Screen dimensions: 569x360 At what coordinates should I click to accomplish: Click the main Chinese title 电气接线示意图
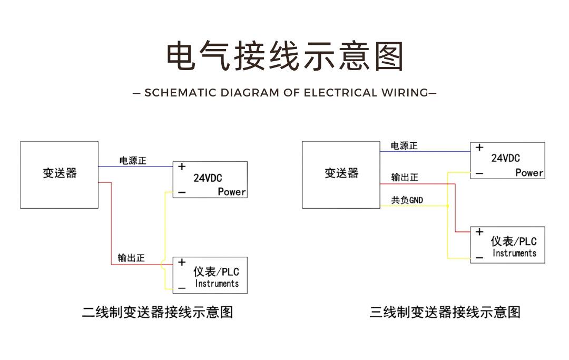[x=285, y=56]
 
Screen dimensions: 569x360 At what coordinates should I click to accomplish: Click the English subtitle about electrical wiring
[x=285, y=93]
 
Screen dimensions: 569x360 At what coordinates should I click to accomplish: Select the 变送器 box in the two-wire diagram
[x=59, y=175]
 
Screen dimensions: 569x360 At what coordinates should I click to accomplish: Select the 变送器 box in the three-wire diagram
[x=341, y=175]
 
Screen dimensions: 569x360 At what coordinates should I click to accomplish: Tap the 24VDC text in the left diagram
[x=208, y=178]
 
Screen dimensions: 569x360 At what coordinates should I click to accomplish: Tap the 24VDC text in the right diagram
[x=505, y=158]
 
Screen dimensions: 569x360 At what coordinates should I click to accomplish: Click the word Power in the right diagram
[x=529, y=173]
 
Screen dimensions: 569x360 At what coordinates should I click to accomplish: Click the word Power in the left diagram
[x=231, y=192]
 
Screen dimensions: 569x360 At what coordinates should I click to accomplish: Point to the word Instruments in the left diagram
[x=217, y=284]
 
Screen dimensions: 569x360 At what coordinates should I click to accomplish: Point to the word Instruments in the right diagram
[x=514, y=253]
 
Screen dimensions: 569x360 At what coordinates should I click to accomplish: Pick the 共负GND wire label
[x=407, y=200]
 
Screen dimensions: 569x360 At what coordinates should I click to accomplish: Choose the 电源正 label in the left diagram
[x=133, y=160]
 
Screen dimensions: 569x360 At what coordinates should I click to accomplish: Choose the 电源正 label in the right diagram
[x=404, y=145]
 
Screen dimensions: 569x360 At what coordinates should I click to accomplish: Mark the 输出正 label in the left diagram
[x=131, y=258]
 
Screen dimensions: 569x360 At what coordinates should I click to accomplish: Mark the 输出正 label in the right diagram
[x=405, y=177]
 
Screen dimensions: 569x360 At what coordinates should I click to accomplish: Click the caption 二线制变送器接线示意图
[x=158, y=312]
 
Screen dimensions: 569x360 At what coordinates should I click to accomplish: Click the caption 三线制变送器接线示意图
[x=445, y=312]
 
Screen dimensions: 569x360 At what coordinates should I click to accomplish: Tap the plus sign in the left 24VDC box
[x=182, y=167]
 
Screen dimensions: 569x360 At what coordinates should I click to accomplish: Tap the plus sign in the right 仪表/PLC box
[x=479, y=231]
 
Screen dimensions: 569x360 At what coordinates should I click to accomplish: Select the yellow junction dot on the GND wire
[x=447, y=206]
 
